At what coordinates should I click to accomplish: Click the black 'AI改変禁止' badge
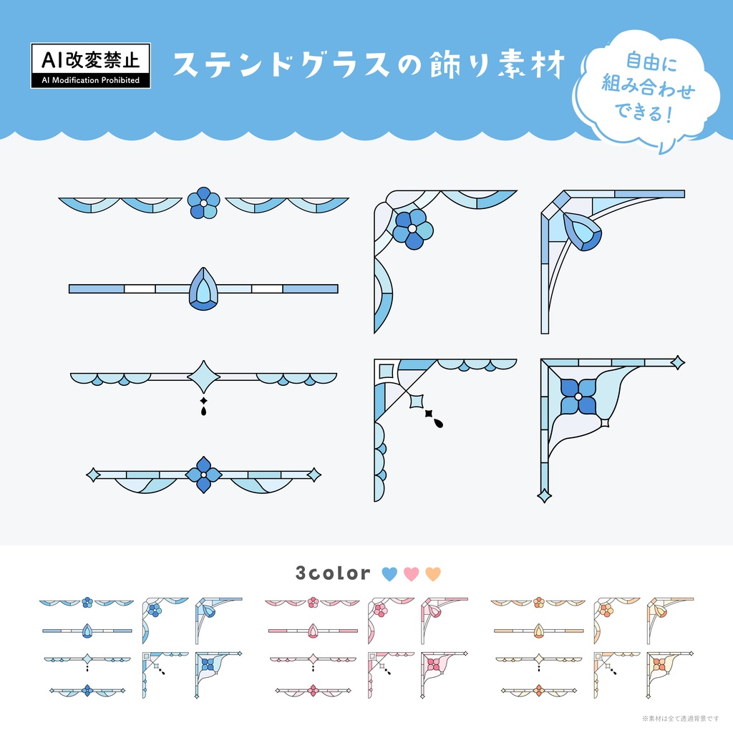tap(91, 65)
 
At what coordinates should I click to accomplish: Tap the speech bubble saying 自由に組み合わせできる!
tap(646, 89)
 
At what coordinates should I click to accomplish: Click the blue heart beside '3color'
tap(389, 573)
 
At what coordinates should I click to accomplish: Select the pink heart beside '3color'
tap(412, 573)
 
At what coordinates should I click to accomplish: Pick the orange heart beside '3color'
tap(433, 573)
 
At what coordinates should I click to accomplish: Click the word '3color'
tap(333, 573)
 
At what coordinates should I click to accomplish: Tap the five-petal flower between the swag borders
tap(204, 203)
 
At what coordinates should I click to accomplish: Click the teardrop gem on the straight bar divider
tap(203, 289)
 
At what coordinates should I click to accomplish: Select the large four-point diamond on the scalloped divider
tap(204, 377)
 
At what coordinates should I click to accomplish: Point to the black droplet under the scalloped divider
tap(203, 410)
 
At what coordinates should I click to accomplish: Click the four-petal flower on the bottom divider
tap(204, 475)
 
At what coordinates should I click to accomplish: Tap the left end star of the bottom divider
tap(93, 475)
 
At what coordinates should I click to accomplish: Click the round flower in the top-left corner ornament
tap(412, 229)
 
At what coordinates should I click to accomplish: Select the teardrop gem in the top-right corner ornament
tap(583, 231)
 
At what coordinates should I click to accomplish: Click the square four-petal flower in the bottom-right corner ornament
tap(578, 397)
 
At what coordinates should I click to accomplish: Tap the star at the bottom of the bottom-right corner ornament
tap(544, 495)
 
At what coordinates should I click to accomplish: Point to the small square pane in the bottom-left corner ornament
tap(386, 372)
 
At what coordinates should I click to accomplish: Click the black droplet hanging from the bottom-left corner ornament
tap(438, 423)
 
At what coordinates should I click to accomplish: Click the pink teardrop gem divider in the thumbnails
tap(313, 631)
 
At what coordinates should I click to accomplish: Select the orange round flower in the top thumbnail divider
tap(539, 602)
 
